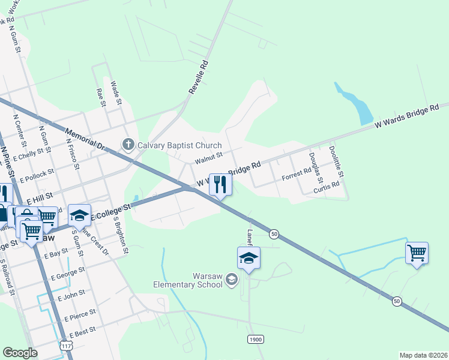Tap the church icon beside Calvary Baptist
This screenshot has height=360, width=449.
point(127,145)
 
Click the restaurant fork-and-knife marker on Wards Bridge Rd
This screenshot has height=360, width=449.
point(220,184)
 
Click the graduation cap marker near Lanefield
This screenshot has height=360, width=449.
point(249,258)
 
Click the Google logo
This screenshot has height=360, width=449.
point(20,353)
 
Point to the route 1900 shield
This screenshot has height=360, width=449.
point(256,340)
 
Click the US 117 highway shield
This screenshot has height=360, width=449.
point(66,346)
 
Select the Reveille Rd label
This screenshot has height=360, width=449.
point(198,76)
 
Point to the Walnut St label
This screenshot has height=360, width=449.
point(208,157)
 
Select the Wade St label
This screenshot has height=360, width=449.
point(116,94)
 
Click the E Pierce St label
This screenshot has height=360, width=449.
point(77,314)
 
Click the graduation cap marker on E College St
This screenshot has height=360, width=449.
point(79,214)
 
